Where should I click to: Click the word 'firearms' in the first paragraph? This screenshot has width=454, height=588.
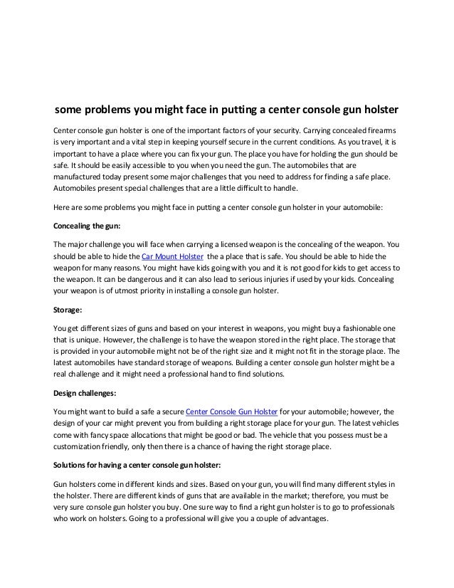[x=380, y=132]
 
